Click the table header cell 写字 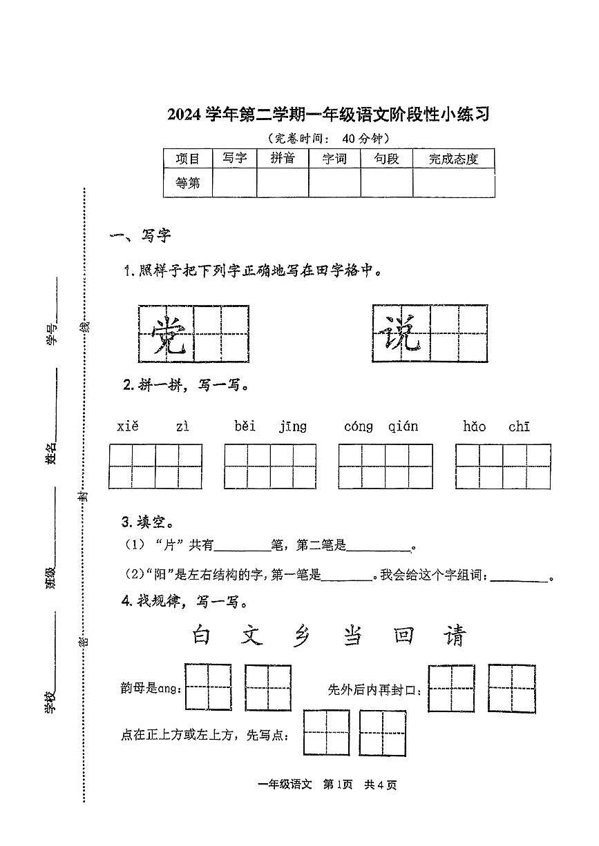234,159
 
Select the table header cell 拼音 283,159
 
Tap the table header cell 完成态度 453,159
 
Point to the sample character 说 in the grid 400,334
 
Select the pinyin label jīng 293,427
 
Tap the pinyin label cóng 359,427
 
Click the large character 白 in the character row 201,635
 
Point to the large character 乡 301,635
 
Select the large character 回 403,635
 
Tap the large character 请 455,635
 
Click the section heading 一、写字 140,237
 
